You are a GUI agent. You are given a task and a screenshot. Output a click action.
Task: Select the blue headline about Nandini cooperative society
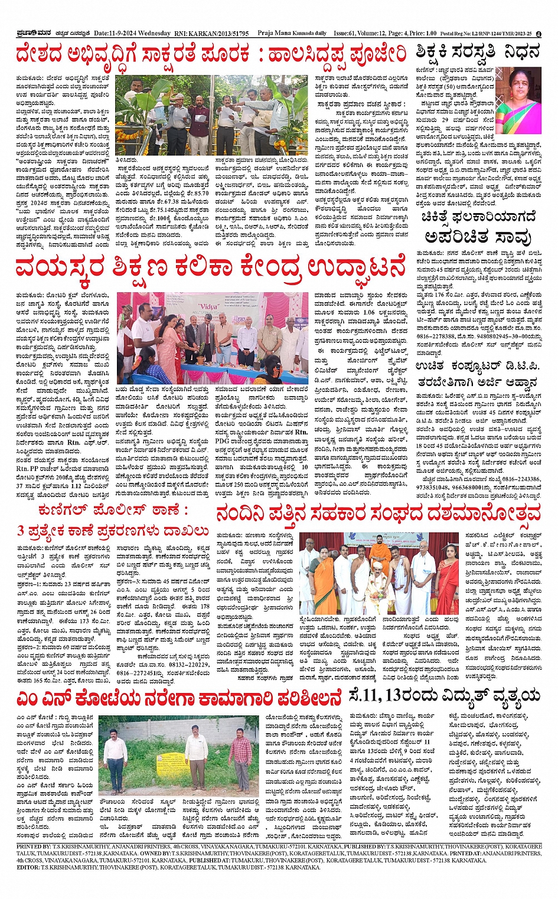pos(378,513)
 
